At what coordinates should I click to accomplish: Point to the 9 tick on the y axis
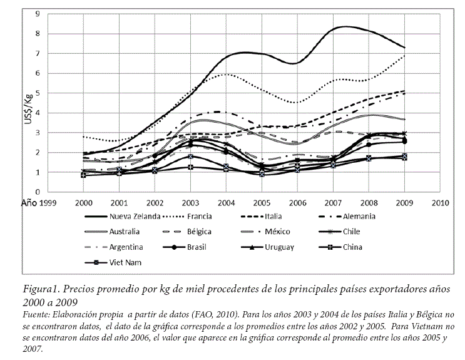pyautogui.click(x=38, y=13)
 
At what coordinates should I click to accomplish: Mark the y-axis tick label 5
pyautogui.click(x=38, y=93)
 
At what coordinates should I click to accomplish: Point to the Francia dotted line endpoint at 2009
pyautogui.click(x=405, y=55)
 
